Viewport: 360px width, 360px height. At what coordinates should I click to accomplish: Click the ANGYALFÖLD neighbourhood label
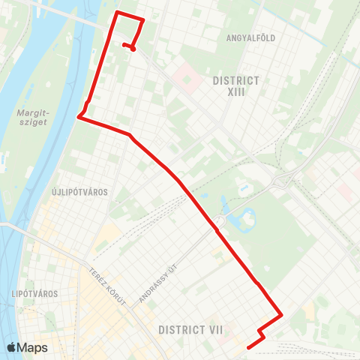click(248, 36)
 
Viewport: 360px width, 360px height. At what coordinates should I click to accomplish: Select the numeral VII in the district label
click(212, 329)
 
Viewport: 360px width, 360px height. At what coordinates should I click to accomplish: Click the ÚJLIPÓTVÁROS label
click(79, 192)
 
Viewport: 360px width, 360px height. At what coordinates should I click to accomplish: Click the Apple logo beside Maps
click(11, 348)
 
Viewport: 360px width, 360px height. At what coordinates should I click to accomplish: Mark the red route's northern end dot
click(133, 49)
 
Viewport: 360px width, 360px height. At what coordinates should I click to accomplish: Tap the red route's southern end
click(248, 346)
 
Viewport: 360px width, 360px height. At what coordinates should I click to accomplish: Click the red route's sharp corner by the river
click(79, 116)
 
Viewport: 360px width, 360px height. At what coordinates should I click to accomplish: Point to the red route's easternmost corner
click(281, 315)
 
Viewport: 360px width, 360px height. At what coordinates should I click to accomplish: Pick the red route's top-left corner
click(116, 13)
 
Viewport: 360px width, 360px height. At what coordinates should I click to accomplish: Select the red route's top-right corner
click(142, 19)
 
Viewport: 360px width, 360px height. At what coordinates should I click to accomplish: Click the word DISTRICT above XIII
click(235, 79)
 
